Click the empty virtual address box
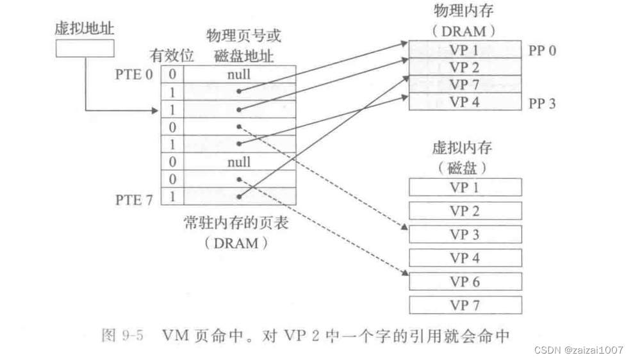tap(85, 49)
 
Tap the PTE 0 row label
tap(135, 74)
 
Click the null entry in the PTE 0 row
tap(238, 74)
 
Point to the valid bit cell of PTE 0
tap(172, 74)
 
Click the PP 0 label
tap(542, 51)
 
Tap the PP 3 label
tap(542, 102)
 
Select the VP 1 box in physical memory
tap(464, 50)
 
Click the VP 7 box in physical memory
tap(464, 85)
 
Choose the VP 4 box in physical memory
tap(464, 101)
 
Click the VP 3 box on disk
tap(464, 234)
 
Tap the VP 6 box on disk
tap(464, 281)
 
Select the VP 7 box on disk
tap(464, 304)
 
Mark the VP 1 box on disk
tap(464, 188)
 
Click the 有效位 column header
tap(171, 56)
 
